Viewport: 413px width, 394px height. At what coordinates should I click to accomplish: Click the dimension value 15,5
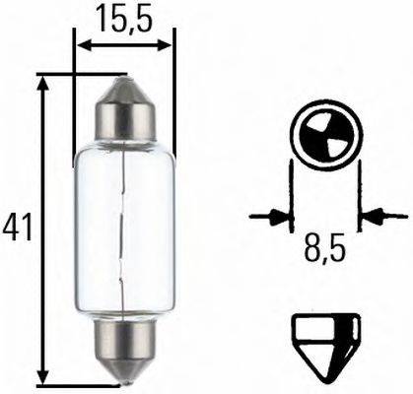click(125, 17)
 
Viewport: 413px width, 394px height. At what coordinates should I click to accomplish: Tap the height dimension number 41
click(17, 228)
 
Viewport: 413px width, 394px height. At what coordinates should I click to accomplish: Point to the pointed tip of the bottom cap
click(125, 375)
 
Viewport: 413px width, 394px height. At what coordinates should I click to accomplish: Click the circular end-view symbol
click(324, 139)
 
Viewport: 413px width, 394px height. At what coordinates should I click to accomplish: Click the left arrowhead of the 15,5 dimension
click(82, 44)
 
